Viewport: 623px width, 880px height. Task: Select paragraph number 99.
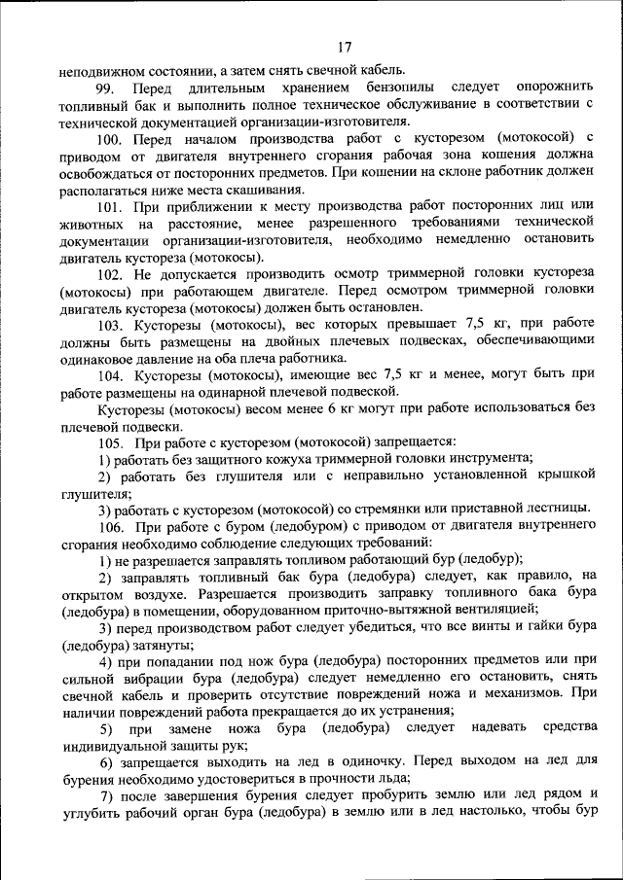pyautogui.click(x=108, y=88)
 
